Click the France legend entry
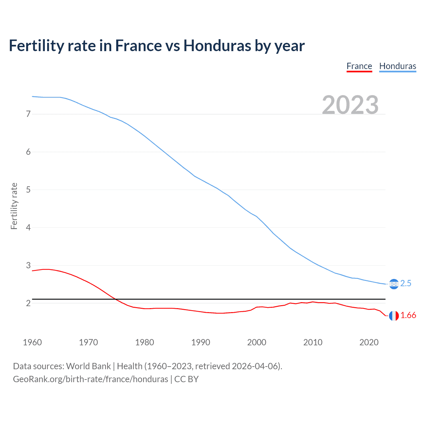click(359, 66)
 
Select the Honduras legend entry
click(397, 66)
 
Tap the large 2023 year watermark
click(350, 105)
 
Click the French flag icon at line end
click(393, 316)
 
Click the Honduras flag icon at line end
click(393, 284)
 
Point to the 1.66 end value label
click(408, 315)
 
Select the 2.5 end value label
click(406, 284)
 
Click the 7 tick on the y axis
click(28, 114)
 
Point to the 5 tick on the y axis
click(28, 190)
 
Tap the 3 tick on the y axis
click(28, 266)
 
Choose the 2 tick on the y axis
click(28, 303)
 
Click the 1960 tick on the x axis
click(32, 342)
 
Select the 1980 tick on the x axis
click(144, 342)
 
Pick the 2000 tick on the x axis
click(257, 342)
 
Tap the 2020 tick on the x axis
click(369, 342)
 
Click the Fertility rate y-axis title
click(14, 206)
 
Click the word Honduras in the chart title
click(217, 46)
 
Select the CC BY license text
click(186, 379)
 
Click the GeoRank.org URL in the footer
click(90, 379)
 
